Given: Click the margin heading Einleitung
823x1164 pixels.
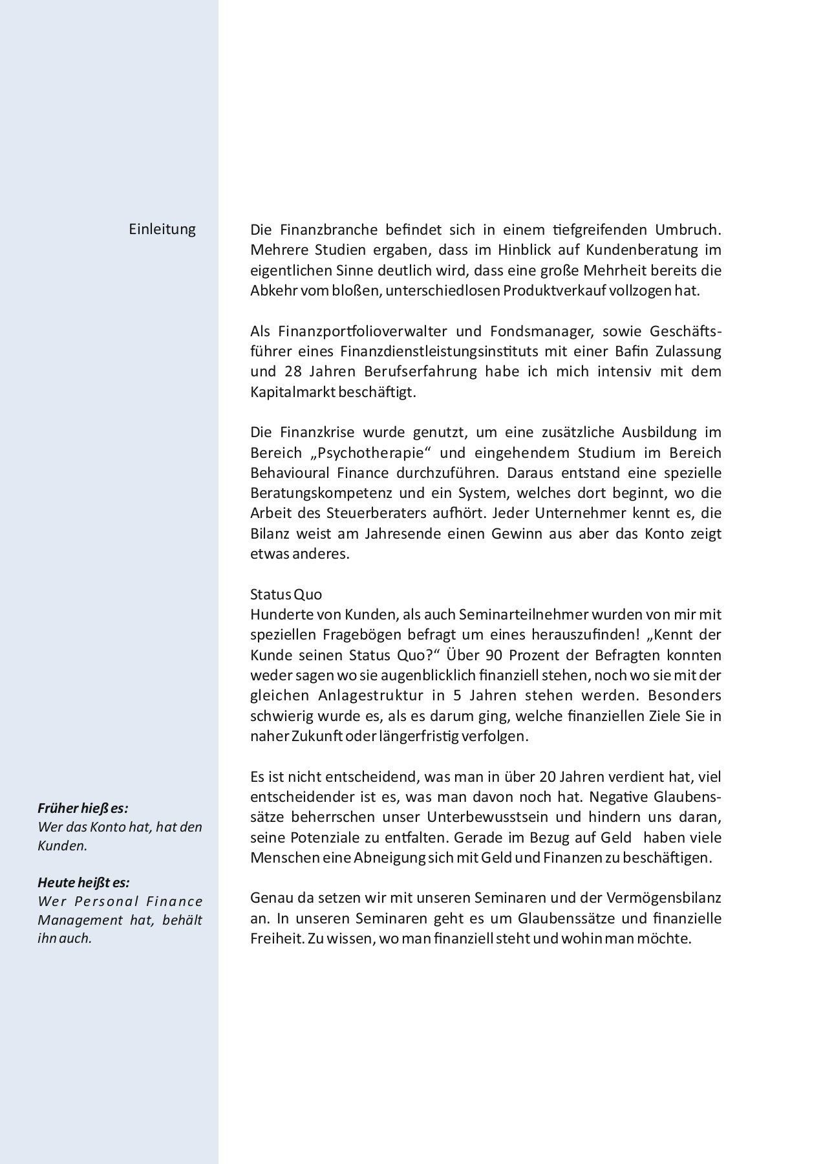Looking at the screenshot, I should tap(162, 230).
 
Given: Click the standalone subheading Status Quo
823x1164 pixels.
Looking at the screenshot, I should tap(286, 594).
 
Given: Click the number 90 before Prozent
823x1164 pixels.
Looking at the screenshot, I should tap(494, 655).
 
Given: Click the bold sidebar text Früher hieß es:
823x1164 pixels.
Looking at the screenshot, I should tap(83, 808).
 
